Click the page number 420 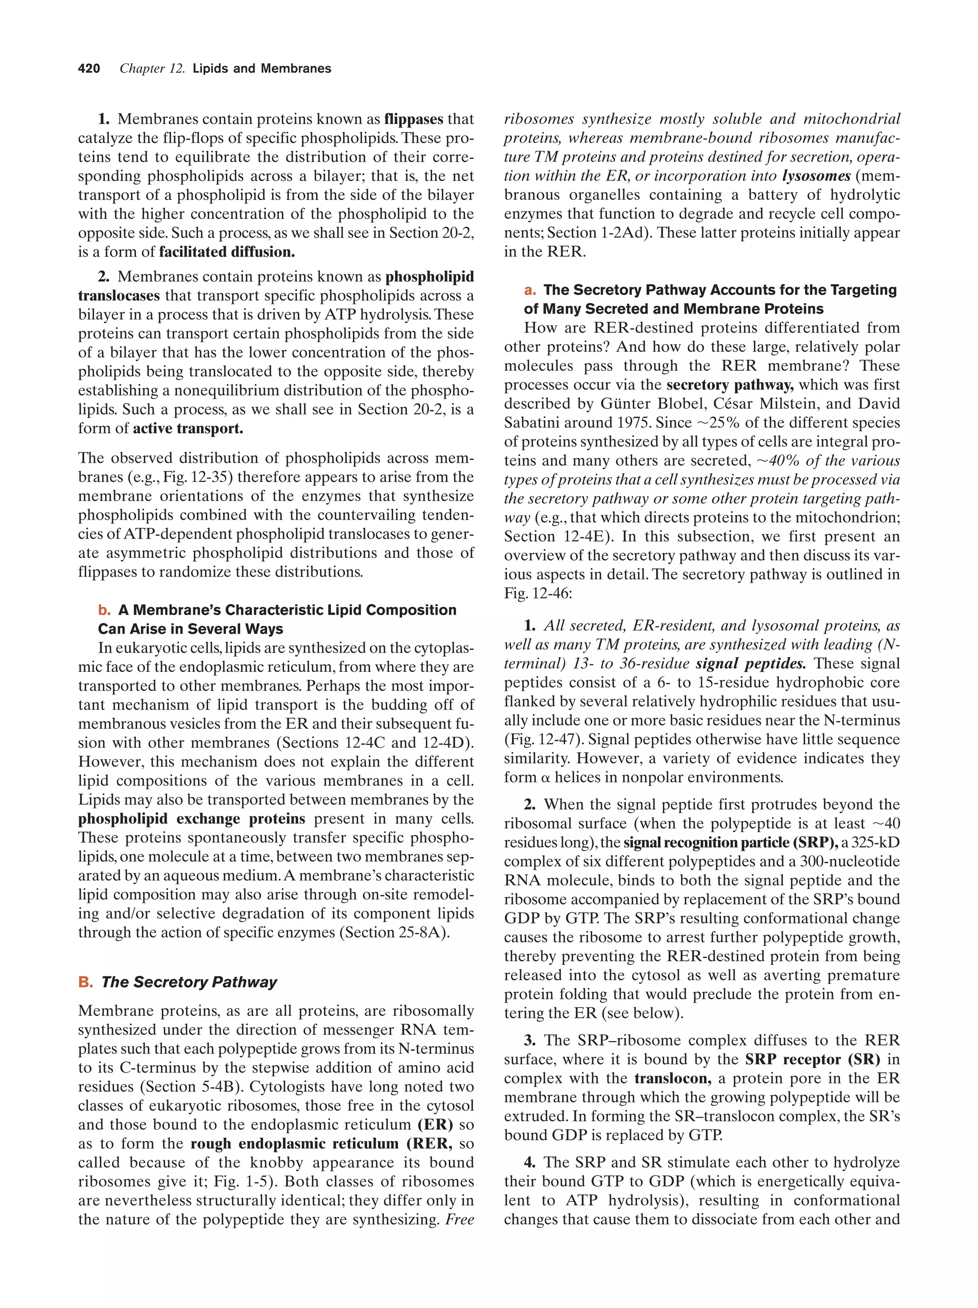(89, 69)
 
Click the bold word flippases (413, 119)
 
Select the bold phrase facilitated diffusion (227, 252)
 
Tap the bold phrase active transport (188, 429)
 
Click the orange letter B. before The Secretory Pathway (85, 982)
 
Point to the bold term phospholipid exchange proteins (191, 819)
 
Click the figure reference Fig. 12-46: (538, 593)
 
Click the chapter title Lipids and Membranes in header (262, 69)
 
